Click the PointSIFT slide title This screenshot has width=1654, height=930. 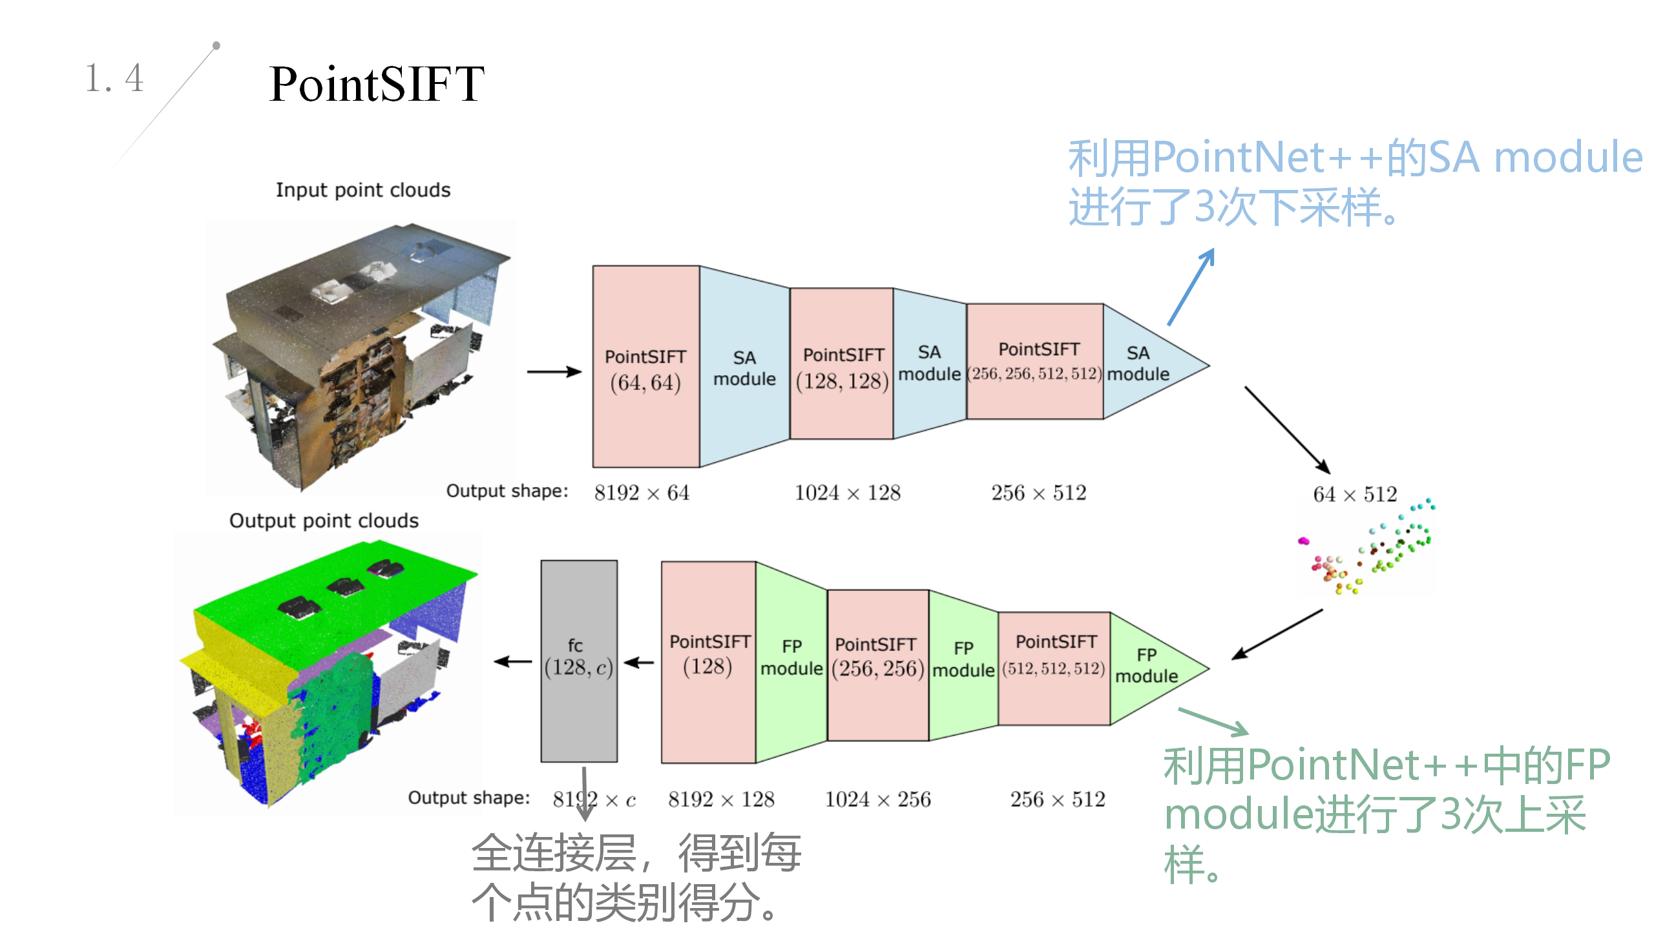[x=376, y=84]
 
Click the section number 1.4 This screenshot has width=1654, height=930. [x=114, y=79]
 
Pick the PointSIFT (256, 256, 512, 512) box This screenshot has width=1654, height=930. [x=1034, y=362]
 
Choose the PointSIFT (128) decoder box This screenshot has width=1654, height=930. [x=708, y=661]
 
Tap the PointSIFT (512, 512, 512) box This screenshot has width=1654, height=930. [x=1054, y=668]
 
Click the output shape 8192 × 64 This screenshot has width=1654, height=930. [x=642, y=493]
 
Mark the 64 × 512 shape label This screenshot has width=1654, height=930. [x=1355, y=495]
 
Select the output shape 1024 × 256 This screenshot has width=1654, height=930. [x=877, y=800]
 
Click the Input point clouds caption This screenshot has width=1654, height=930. [x=363, y=191]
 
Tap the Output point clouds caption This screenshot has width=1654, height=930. [x=324, y=521]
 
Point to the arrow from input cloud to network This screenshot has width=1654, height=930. [x=554, y=371]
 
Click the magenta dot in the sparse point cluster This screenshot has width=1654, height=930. [x=1303, y=541]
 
